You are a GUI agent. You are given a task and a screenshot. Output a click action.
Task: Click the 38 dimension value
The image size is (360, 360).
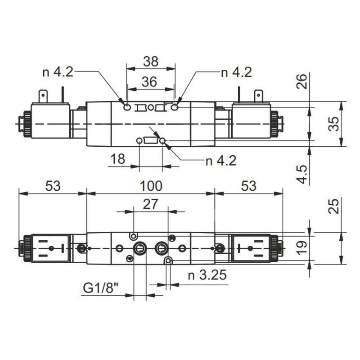[x=150, y=61]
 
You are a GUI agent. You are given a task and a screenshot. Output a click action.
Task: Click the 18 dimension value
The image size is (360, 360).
[x=118, y=159]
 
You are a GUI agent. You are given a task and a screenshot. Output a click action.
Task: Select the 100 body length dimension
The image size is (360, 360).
[x=150, y=185]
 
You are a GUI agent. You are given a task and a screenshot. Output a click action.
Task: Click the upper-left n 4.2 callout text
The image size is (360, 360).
[x=58, y=72]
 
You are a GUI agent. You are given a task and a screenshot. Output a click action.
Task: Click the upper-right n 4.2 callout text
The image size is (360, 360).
[x=236, y=72]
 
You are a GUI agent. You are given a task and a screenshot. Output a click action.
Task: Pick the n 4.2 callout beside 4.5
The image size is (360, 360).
[x=220, y=161]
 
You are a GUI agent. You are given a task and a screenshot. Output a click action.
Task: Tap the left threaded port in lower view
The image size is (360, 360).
[x=139, y=248]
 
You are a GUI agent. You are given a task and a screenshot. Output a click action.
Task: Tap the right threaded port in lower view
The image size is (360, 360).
[x=161, y=248]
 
